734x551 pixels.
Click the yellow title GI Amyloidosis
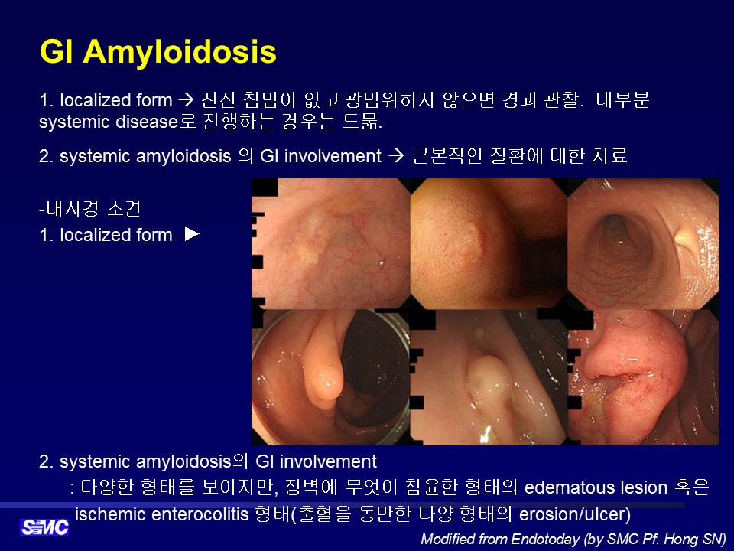point(158,51)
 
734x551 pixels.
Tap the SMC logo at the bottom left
point(44,527)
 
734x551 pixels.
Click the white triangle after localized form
point(192,234)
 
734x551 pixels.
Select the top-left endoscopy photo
point(331,243)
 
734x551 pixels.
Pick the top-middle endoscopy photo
point(489,243)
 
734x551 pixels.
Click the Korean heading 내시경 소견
point(90,208)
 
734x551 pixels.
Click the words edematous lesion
point(596,487)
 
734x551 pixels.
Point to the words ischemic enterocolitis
point(161,514)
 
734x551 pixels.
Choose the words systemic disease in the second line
point(108,122)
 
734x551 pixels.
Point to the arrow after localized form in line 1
point(186,100)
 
